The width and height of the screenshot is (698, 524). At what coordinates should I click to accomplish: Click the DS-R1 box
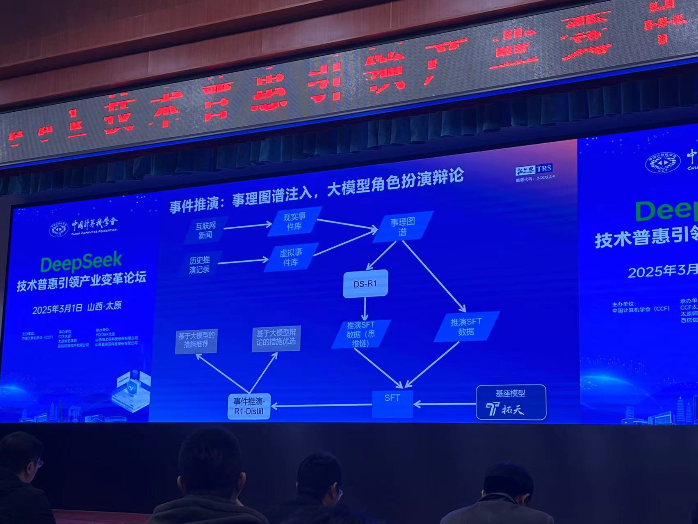point(365,283)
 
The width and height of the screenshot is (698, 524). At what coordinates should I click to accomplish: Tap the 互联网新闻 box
point(205,230)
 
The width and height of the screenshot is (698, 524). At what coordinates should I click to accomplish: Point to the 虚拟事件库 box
point(291,257)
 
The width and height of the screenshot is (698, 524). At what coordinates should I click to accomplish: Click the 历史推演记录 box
point(200,265)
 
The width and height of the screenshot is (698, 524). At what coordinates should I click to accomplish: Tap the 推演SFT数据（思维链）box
point(360,334)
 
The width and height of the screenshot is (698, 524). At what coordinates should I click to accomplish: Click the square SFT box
point(392,403)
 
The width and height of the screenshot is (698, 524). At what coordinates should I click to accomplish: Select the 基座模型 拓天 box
point(511,402)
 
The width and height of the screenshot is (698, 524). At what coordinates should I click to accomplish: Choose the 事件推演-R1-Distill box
point(249,406)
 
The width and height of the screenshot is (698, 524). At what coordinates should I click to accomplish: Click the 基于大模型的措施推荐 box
point(196,340)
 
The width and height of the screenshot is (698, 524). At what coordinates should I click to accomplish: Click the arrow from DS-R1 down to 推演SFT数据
point(365,308)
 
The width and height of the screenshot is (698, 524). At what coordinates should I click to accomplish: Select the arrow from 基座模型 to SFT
point(445,404)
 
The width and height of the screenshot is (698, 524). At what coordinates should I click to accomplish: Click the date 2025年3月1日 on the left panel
point(57,309)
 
